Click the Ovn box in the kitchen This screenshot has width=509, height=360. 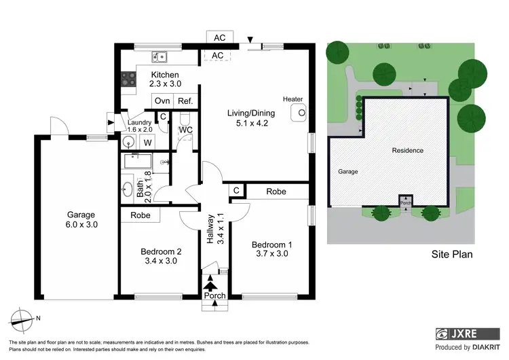click(162, 101)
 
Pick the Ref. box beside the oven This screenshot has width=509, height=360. click(185, 101)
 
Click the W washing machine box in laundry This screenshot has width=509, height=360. click(147, 143)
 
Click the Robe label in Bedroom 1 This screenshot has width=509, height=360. click(276, 192)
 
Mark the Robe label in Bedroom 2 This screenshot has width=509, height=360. click(140, 215)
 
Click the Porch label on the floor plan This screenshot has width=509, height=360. click(215, 295)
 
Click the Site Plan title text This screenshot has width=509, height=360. click(452, 255)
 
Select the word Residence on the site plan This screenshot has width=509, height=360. click(407, 150)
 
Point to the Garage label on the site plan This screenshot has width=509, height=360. click(347, 172)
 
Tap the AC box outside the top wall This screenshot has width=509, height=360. click(219, 37)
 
